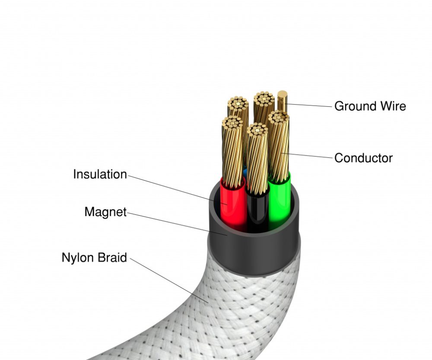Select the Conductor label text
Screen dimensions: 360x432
pyautogui.click(x=363, y=158)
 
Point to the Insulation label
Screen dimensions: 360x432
pyautogui.click(x=100, y=175)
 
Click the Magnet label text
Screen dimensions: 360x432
pyautogui.click(x=105, y=212)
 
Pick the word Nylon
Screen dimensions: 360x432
pyautogui.click(x=78, y=258)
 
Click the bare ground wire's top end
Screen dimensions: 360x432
pyautogui.click(x=283, y=95)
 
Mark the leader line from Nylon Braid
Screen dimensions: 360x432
pyautogui.click(x=168, y=279)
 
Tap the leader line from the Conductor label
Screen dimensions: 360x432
pyautogui.click(x=309, y=155)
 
